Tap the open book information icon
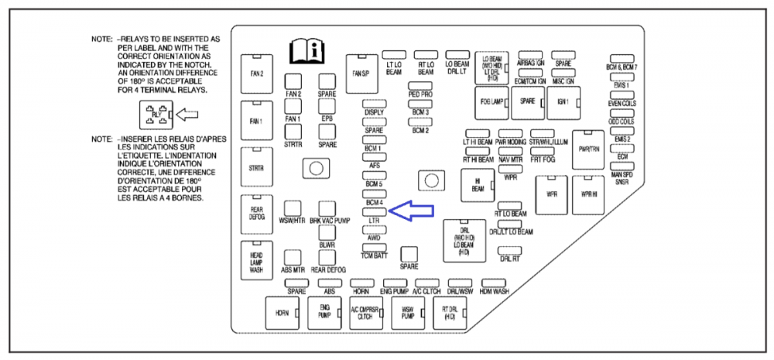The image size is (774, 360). point(303,51)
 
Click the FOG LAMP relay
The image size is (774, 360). point(491,101)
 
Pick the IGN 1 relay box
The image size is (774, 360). point(563,101)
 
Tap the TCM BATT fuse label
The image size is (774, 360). point(374,255)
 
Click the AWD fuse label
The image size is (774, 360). point(374,238)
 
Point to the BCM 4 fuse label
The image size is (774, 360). point(374,203)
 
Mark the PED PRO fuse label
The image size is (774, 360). point(420,94)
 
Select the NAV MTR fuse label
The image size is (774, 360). point(511,159)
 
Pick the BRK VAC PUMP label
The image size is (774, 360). point(330,221)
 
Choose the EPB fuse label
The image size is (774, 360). point(327,119)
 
